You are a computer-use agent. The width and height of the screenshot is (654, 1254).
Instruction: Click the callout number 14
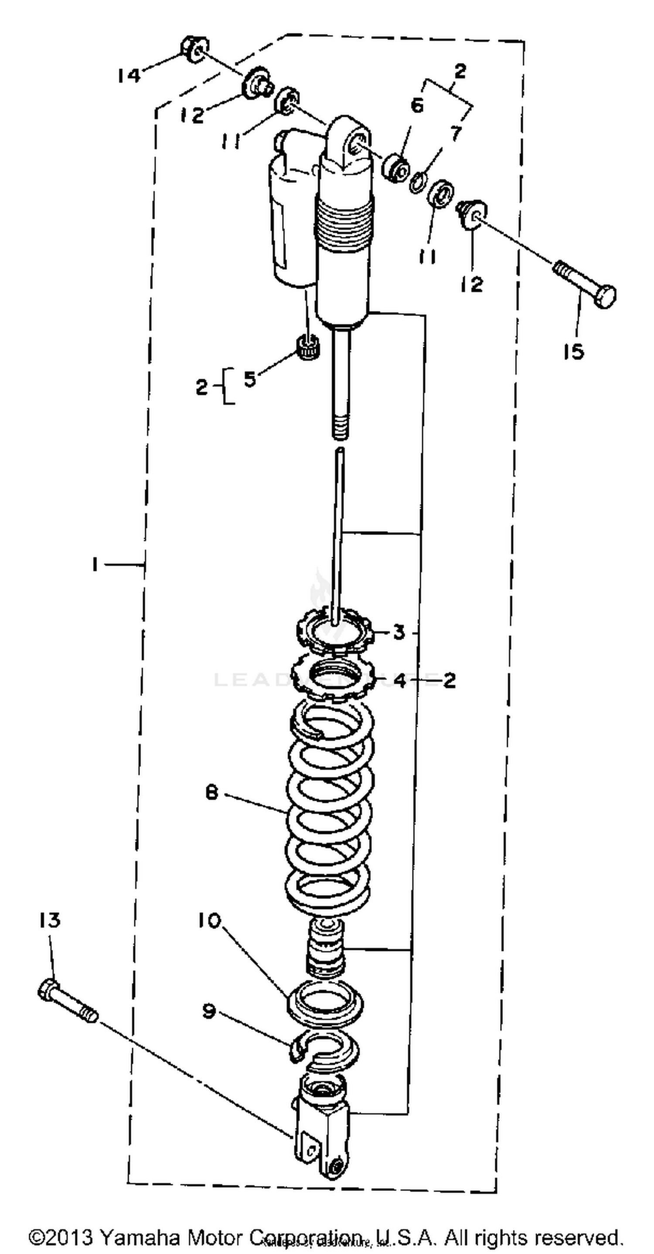tap(129, 75)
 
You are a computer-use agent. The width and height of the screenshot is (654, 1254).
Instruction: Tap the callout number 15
tap(574, 351)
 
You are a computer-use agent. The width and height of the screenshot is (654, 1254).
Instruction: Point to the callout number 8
tap(212, 793)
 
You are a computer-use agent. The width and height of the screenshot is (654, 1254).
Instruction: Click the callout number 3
tap(399, 632)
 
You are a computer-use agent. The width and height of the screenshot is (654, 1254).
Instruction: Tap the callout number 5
tap(250, 379)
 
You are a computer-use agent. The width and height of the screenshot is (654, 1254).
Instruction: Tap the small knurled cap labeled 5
tap(308, 347)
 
